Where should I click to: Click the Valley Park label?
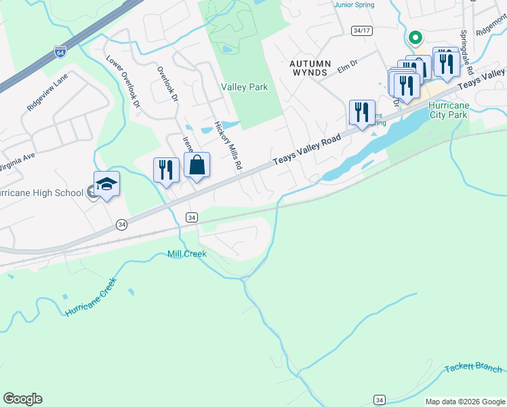point(244,87)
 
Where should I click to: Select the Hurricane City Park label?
point(448,111)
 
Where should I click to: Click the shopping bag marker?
point(197,166)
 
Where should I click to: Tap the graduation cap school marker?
point(106,184)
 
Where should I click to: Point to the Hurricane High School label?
point(41,193)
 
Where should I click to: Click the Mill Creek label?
point(186,254)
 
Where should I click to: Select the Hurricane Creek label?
point(92,296)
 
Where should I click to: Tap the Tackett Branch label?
point(474,368)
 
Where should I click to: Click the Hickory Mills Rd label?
point(228,147)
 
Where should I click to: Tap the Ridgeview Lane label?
point(47,93)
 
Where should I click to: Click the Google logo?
point(22,399)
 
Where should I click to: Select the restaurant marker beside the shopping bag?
point(166,170)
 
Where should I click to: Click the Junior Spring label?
point(353,4)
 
